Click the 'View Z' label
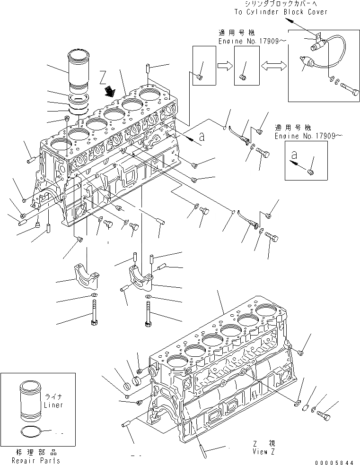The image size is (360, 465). point(263,451)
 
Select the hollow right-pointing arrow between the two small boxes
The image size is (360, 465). point(225,66)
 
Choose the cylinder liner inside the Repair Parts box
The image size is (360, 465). point(31,399)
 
